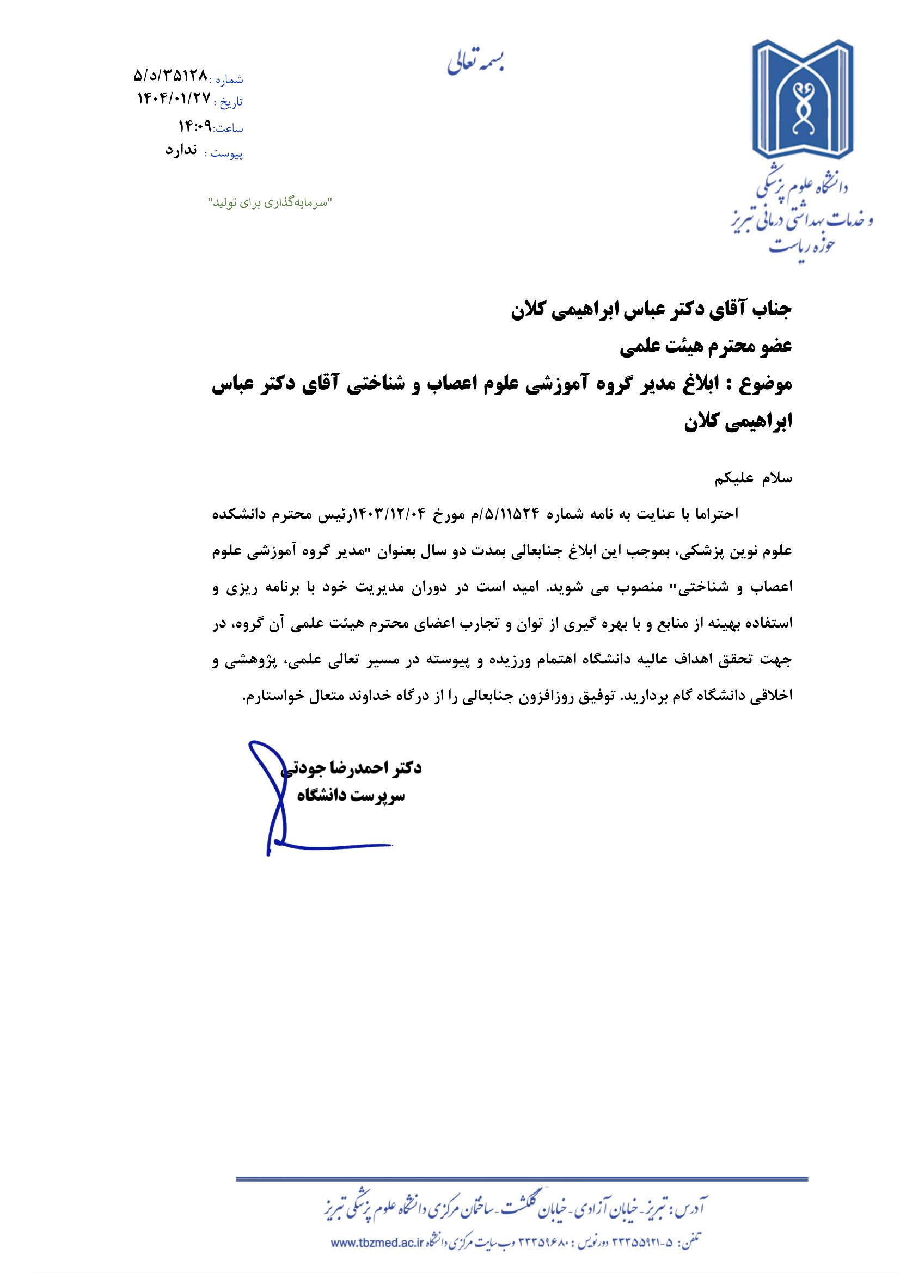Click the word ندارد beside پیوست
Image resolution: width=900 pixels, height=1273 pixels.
tap(181, 151)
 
